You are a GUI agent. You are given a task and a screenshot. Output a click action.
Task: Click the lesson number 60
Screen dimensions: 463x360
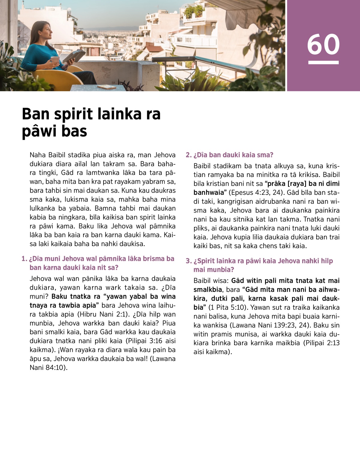[323, 44]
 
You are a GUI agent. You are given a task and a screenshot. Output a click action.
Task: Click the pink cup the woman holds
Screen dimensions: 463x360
[55, 60]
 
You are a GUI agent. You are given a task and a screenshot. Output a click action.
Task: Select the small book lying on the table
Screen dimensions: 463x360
[107, 87]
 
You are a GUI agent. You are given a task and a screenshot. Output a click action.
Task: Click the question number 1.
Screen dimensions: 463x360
[24, 259]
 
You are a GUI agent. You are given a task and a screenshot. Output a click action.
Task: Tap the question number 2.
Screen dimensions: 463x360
[188, 155]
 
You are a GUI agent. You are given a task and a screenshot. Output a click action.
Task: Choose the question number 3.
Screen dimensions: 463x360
[188, 261]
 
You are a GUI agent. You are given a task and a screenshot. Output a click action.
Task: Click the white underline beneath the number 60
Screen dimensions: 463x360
[323, 63]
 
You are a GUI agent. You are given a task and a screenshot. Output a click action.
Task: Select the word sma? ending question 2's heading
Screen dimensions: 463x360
[265, 155]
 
